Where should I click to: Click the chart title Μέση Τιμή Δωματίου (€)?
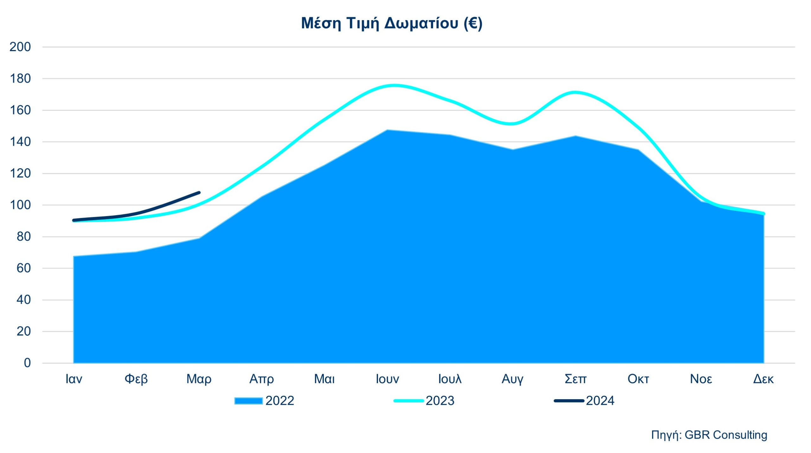392,23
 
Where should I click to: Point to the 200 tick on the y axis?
20,47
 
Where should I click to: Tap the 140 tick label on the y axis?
20,142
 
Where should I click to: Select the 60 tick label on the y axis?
23,268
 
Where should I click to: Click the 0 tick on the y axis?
27,363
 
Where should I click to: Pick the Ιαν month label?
73,379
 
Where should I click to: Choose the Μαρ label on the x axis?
199,379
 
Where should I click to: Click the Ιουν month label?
387,379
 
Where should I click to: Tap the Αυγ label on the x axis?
512,379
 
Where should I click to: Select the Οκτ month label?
638,379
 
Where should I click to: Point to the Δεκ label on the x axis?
763,379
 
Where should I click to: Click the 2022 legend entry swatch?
248,401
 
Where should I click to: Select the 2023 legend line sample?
408,401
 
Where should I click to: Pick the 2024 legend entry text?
600,401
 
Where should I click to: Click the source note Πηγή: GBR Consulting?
709,435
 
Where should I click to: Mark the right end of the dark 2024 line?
199,192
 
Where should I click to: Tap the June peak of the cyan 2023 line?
393,85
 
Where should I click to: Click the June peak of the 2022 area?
387,130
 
